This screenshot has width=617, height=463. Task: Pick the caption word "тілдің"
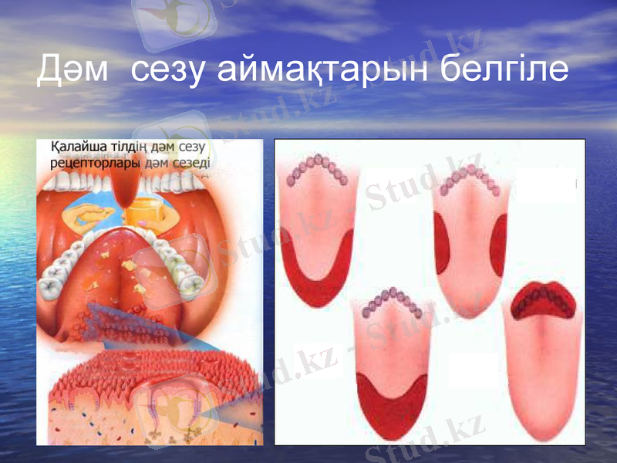(134, 147)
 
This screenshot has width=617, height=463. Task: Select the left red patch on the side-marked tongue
(444, 243)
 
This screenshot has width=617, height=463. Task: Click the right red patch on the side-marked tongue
(497, 243)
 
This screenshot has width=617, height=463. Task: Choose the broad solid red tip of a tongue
(391, 405)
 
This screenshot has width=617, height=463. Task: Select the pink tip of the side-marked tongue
(470, 301)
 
